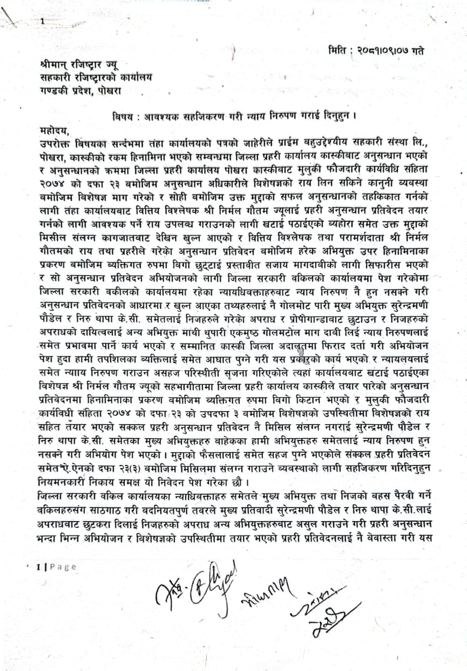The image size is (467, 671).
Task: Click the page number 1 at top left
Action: tap(43, 21)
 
